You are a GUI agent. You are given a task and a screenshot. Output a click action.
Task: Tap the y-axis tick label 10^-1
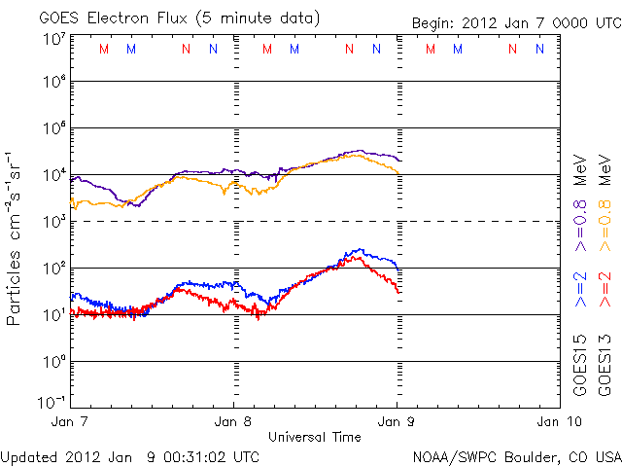tap(52, 401)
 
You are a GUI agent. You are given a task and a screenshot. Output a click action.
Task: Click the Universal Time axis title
tap(315, 437)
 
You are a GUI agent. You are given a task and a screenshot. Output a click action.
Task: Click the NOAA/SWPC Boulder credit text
tap(516, 455)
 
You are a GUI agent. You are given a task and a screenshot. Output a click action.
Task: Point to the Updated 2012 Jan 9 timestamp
tap(129, 455)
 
